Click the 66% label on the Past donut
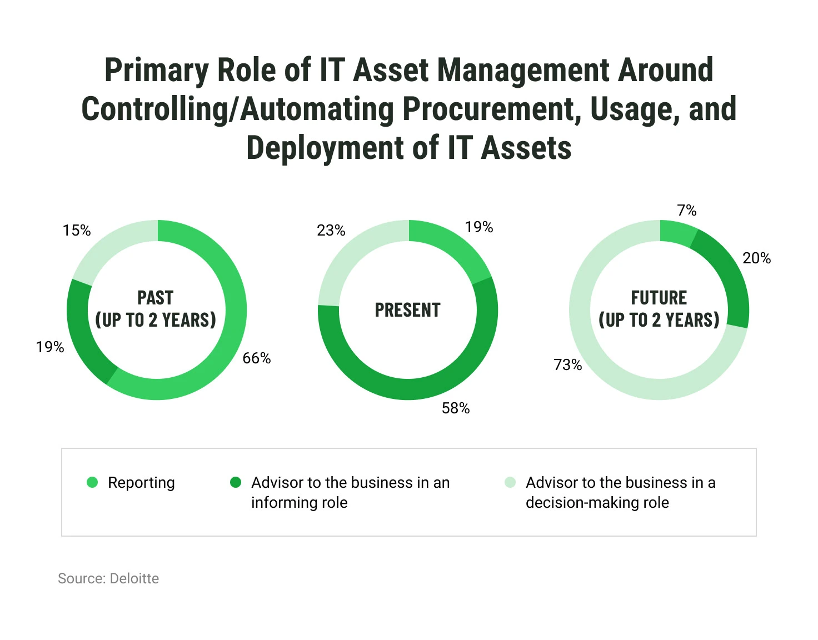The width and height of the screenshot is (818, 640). [257, 358]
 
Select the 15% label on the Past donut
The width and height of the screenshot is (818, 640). [77, 231]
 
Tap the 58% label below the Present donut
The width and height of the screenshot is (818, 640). [456, 408]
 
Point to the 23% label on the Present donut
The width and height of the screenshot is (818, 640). [331, 231]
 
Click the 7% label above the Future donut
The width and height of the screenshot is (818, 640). [687, 211]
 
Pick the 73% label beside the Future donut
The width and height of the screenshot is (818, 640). [568, 365]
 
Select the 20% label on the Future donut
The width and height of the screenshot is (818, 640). [757, 258]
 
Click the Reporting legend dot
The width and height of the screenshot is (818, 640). [92, 483]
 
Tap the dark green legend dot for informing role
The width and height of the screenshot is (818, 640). [236, 482]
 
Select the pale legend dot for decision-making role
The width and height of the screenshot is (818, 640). [510, 482]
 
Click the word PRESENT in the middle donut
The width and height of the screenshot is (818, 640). [408, 310]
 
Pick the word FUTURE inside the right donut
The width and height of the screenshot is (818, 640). [659, 298]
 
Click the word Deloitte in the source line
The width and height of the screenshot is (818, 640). [134, 578]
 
